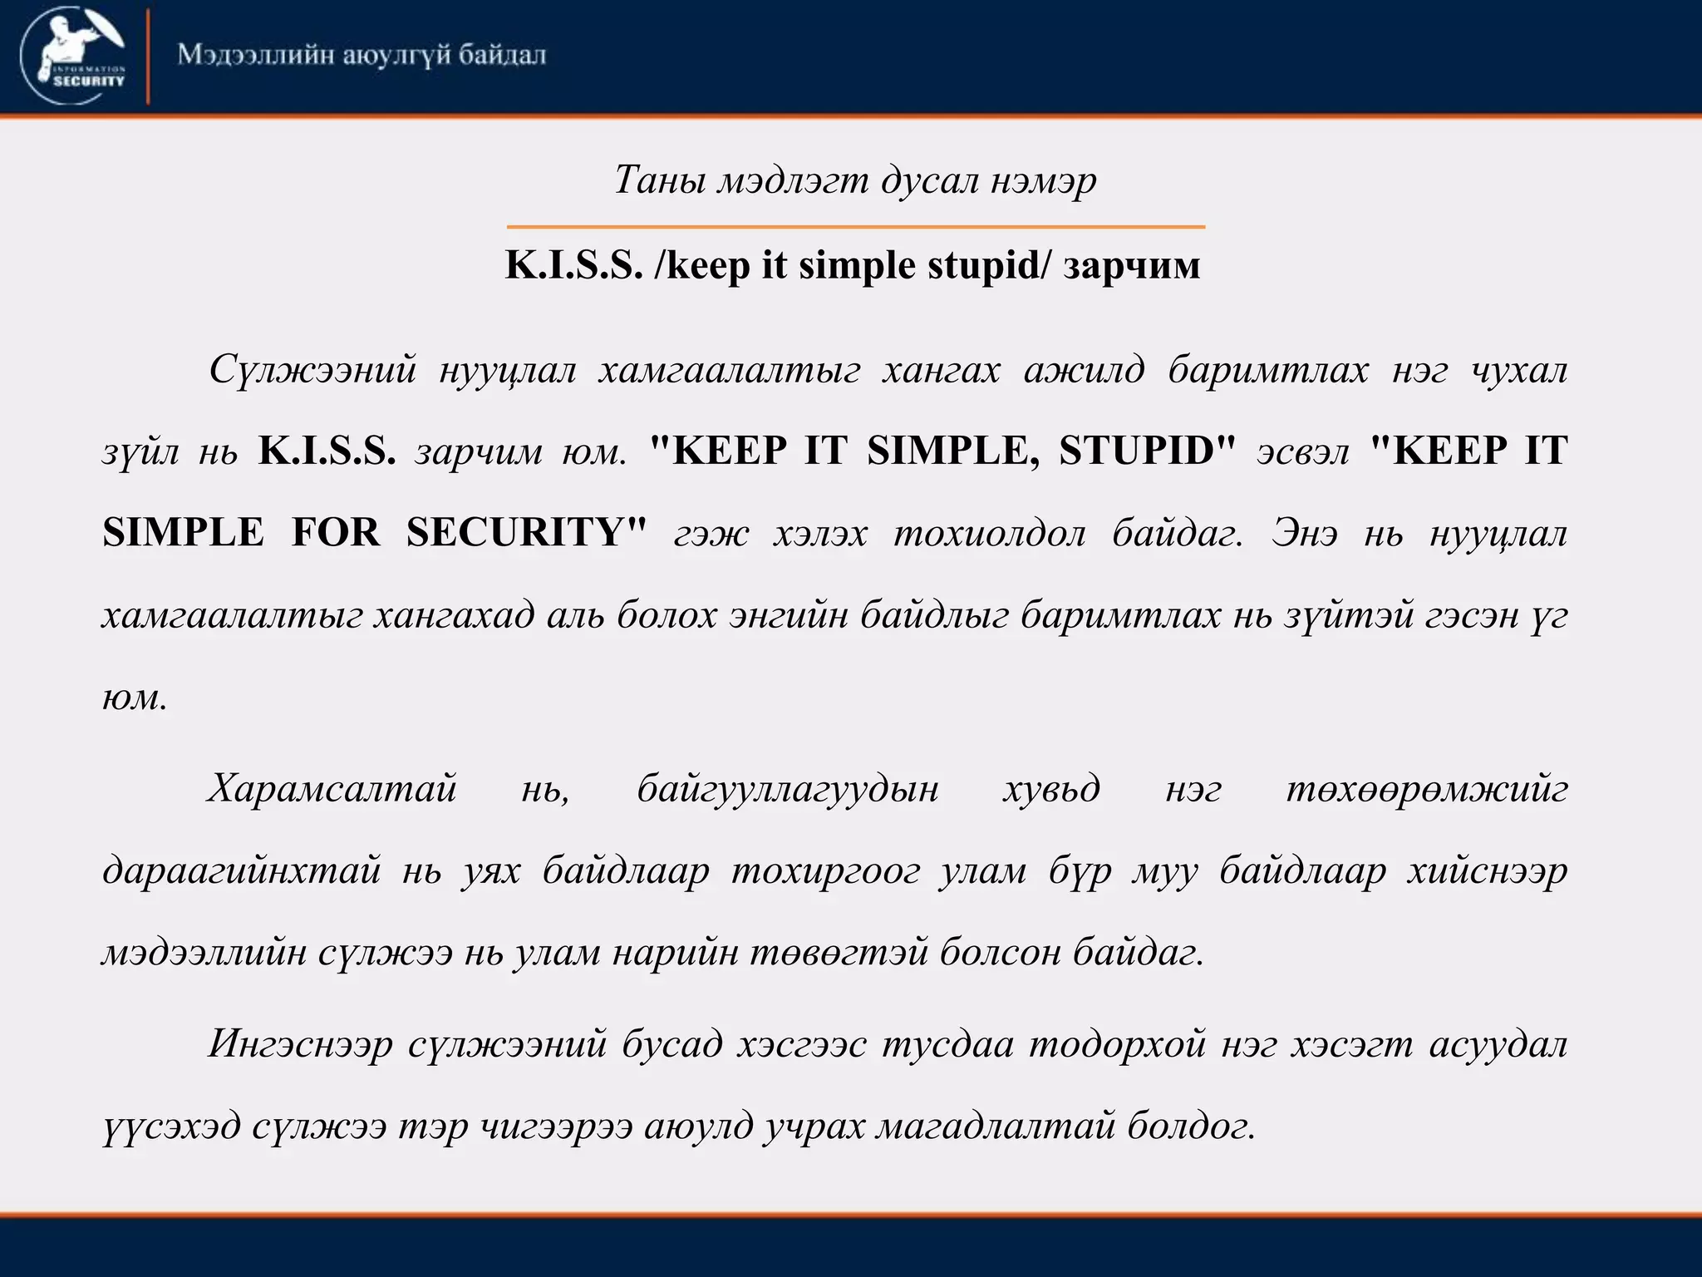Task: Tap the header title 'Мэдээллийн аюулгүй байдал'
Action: (x=362, y=56)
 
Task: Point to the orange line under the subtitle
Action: (x=855, y=226)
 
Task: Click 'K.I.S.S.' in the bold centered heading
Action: (x=574, y=265)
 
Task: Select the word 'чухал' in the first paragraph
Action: (x=1519, y=369)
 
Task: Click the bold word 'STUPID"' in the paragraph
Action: (x=1148, y=451)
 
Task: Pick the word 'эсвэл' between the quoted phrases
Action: (x=1302, y=452)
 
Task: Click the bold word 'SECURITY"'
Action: (x=526, y=532)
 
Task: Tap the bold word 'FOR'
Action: (x=336, y=532)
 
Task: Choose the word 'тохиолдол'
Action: (x=989, y=533)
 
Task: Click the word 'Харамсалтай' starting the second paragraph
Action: (x=332, y=788)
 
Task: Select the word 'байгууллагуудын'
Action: (x=788, y=788)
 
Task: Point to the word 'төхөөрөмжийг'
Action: (x=1427, y=788)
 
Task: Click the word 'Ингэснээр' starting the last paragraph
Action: (x=300, y=1044)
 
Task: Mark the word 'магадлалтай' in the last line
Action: (x=996, y=1127)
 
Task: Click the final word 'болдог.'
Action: (x=1191, y=1127)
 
